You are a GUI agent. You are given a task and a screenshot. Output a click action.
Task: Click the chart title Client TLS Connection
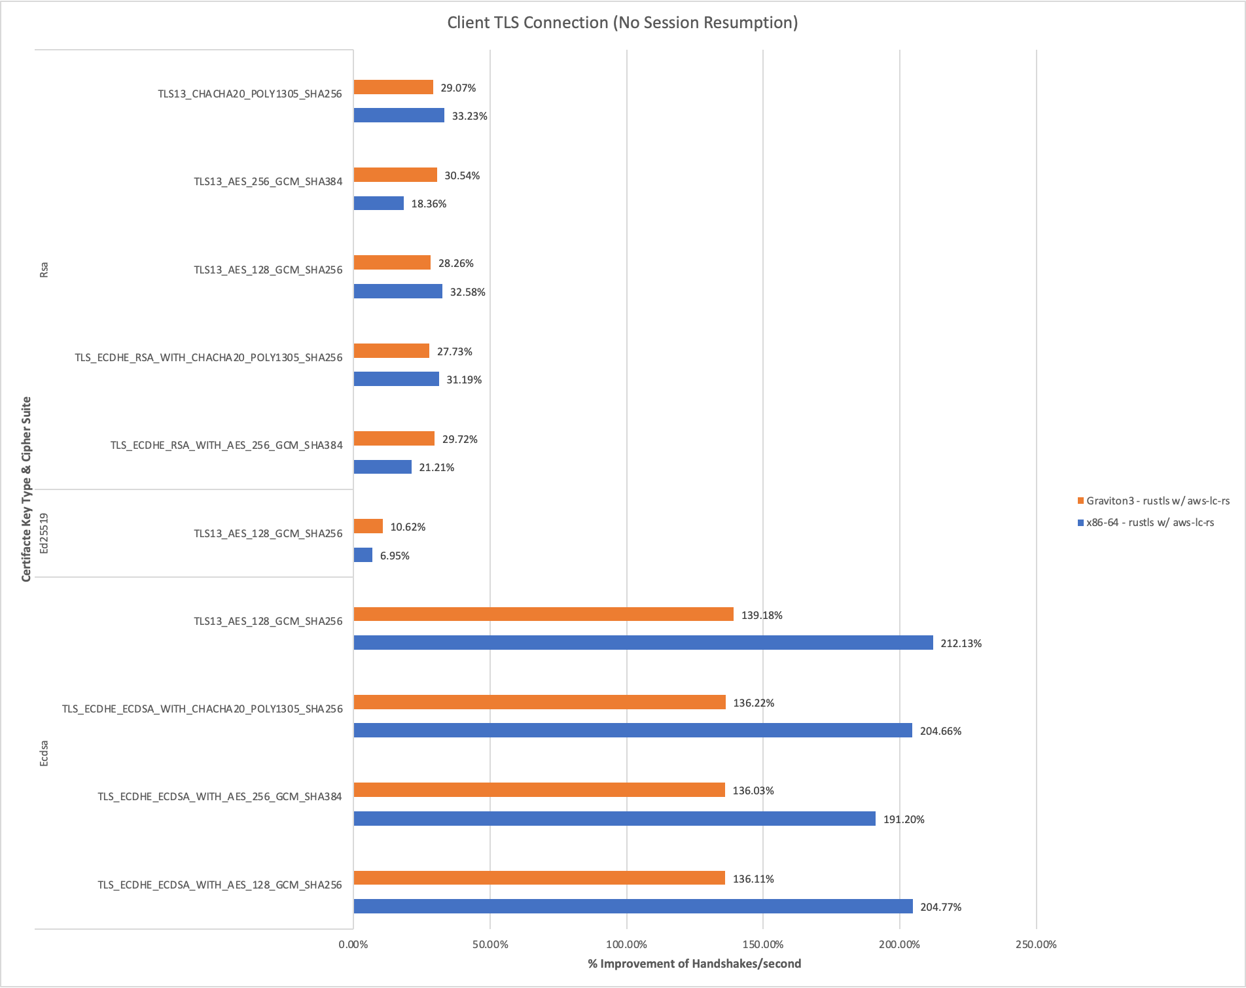(x=622, y=23)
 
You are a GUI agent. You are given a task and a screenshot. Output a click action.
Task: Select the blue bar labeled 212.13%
(x=643, y=643)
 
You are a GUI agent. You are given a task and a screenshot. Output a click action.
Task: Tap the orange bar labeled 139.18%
(x=543, y=614)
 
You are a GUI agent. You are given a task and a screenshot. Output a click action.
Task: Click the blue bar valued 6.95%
(x=363, y=555)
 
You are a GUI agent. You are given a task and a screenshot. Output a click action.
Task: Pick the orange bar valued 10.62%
(x=368, y=526)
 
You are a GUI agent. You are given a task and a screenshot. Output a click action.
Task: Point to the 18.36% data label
(x=429, y=204)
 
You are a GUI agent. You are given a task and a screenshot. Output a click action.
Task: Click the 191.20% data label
(x=904, y=819)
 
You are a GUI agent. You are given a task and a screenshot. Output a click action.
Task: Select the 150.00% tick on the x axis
(x=763, y=944)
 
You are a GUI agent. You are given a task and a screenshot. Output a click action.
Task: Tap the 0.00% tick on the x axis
(x=353, y=944)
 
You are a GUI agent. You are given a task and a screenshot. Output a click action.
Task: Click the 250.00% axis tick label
(x=1036, y=944)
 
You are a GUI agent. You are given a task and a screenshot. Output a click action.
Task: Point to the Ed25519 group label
(x=44, y=533)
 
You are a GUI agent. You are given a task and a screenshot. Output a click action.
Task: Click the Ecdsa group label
(x=44, y=753)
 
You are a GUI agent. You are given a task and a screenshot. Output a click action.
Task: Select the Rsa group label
(x=44, y=270)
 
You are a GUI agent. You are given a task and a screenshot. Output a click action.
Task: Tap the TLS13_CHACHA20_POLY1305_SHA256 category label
(x=250, y=94)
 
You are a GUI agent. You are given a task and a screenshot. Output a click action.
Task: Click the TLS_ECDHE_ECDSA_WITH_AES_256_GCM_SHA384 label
(x=220, y=797)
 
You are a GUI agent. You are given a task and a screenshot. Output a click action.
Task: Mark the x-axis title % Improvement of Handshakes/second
(x=694, y=964)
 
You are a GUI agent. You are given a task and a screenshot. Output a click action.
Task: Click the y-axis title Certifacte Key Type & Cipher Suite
(x=27, y=489)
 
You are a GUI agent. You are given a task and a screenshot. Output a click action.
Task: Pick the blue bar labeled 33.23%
(x=399, y=116)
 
